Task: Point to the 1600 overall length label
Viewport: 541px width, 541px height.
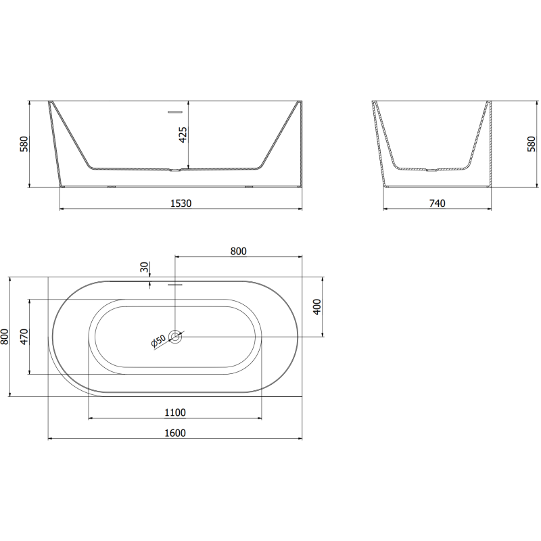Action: tap(175, 433)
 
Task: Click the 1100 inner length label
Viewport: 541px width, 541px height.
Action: tap(175, 413)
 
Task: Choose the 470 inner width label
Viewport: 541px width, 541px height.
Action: tap(23, 336)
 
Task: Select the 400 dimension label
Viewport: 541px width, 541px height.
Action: tap(316, 308)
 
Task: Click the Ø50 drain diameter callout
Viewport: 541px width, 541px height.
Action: tap(159, 342)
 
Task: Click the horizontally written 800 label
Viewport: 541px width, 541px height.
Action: tap(238, 251)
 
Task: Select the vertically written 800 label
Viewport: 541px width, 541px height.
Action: tap(5, 336)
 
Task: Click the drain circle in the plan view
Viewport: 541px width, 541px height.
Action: tap(176, 336)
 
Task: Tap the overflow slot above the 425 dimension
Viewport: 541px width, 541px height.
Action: tap(175, 110)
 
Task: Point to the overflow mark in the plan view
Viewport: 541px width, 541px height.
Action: tap(175, 285)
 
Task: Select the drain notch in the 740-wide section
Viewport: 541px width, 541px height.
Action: tap(430, 170)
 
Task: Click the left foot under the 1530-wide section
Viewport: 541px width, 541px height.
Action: tap(112, 186)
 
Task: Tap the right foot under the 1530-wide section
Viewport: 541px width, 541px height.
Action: tap(248, 186)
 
